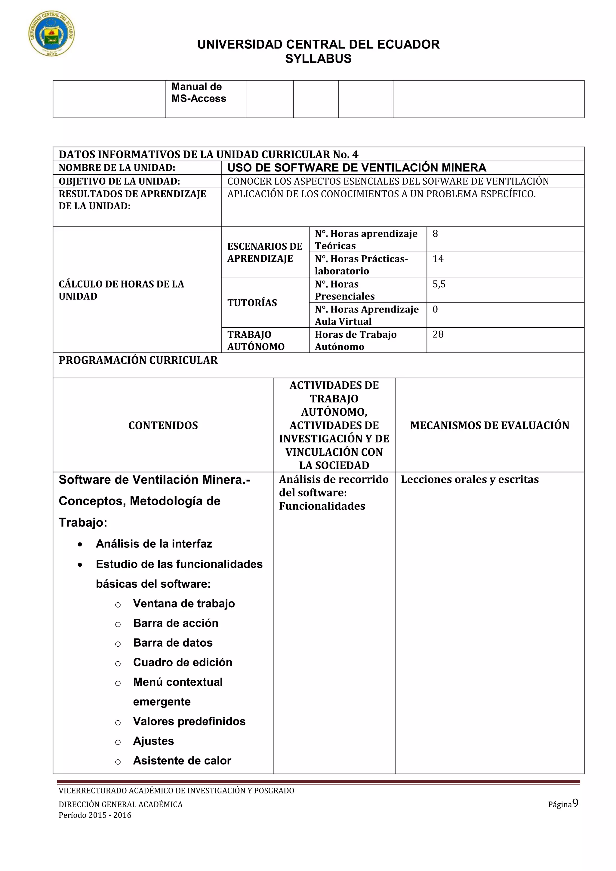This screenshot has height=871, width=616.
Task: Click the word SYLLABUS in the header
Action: [x=318, y=59]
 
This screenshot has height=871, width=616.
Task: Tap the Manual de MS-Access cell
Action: [x=199, y=93]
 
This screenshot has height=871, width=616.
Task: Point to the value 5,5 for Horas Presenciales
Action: [x=439, y=284]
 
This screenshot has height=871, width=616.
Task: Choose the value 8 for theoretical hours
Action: [x=435, y=234]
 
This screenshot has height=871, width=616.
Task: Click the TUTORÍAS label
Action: [x=252, y=303]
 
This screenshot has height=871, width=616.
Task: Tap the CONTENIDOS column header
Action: [x=163, y=425]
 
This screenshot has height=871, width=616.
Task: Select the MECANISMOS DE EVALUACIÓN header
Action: [x=489, y=425]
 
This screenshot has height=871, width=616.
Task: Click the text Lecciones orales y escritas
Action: [x=470, y=479]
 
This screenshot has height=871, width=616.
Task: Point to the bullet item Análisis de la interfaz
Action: [x=154, y=543]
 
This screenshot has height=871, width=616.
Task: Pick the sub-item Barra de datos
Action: [x=173, y=643]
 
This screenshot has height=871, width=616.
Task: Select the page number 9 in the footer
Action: [x=575, y=803]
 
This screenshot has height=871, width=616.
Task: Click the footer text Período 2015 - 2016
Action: [x=95, y=815]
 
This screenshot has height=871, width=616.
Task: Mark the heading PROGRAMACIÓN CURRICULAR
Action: [x=138, y=360]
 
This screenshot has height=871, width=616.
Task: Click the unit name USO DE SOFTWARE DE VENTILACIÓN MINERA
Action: [x=356, y=168]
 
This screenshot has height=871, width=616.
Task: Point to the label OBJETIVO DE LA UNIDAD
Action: [x=119, y=181]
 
